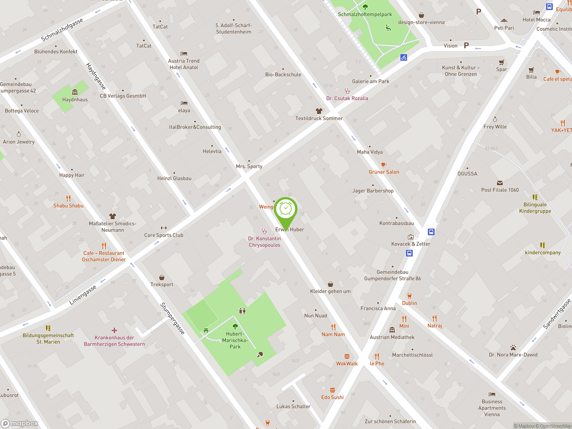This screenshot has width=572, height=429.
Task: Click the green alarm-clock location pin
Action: click(x=286, y=209)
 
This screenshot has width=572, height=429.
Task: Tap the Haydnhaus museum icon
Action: click(x=75, y=92)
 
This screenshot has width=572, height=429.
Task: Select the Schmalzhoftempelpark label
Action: click(x=365, y=15)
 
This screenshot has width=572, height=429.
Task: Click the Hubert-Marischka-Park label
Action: click(x=235, y=340)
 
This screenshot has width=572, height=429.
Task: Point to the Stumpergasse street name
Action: click(x=172, y=318)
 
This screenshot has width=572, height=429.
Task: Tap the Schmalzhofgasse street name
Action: click(x=62, y=29)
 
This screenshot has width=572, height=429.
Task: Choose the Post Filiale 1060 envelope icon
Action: click(x=500, y=183)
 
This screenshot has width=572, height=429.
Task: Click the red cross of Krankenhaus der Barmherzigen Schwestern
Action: click(x=114, y=330)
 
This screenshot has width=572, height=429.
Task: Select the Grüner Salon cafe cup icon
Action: click(x=384, y=164)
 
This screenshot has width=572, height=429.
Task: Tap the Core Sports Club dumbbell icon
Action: click(x=164, y=228)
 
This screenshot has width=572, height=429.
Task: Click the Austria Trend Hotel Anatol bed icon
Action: click(x=184, y=54)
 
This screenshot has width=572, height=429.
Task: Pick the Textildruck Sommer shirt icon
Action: click(x=319, y=111)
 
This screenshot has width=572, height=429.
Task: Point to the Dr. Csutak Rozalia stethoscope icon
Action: click(x=347, y=91)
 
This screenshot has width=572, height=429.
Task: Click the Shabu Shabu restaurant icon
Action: click(x=68, y=198)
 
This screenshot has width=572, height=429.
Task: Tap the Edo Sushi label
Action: click(x=332, y=397)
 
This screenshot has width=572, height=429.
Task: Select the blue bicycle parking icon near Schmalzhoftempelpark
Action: click(x=404, y=57)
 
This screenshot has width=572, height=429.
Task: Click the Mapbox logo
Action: click(x=20, y=423)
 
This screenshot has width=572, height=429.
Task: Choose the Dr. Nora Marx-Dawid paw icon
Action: click(x=513, y=347)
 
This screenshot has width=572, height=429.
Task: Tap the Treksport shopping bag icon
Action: click(x=162, y=278)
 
